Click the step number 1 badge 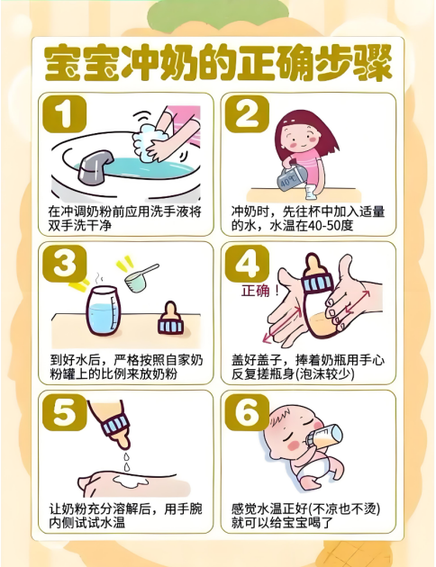point(64,114)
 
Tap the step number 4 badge point(247,263)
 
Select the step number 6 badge point(247,412)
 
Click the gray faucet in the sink point(95,164)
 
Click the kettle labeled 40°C point(291,179)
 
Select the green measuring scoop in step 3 point(141,277)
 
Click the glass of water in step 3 point(103,310)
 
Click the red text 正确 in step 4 point(256,291)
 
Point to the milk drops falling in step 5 point(126,461)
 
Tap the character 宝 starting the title point(62,63)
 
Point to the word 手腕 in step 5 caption point(189,508)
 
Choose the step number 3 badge point(64,263)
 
